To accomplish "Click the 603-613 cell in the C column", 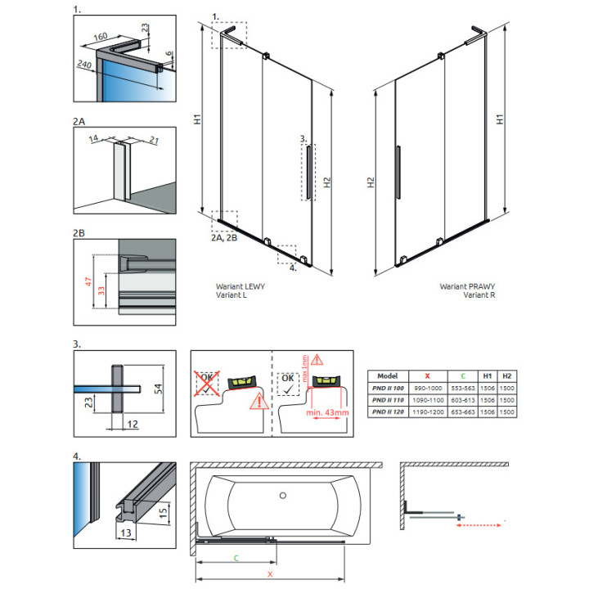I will point(465,401).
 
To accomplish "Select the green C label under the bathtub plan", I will point(236,557).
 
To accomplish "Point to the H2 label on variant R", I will point(371,186).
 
